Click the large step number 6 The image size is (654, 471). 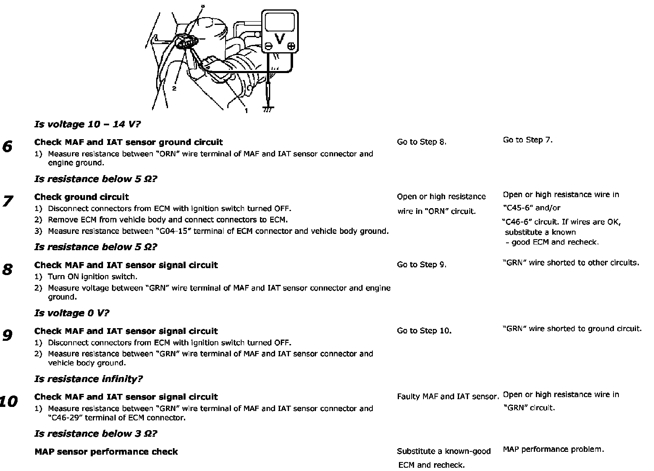(7, 147)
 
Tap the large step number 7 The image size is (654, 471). (7, 201)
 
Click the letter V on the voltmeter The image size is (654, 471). (280, 39)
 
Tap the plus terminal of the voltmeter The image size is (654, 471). (291, 47)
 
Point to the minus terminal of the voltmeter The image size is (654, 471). (269, 47)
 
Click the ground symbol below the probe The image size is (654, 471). (268, 109)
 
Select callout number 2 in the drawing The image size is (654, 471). (174, 89)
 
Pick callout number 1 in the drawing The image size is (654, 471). (246, 110)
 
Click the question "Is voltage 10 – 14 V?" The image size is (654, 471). (88, 124)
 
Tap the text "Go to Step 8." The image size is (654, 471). (421, 142)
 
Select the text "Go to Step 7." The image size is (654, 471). (528, 140)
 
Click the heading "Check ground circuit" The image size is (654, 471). (81, 197)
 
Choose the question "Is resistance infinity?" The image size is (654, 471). (88, 379)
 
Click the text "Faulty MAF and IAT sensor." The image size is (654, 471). (448, 396)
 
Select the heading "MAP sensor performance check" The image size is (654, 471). (106, 452)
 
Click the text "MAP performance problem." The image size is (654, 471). (553, 449)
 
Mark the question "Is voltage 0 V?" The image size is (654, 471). (72, 313)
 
